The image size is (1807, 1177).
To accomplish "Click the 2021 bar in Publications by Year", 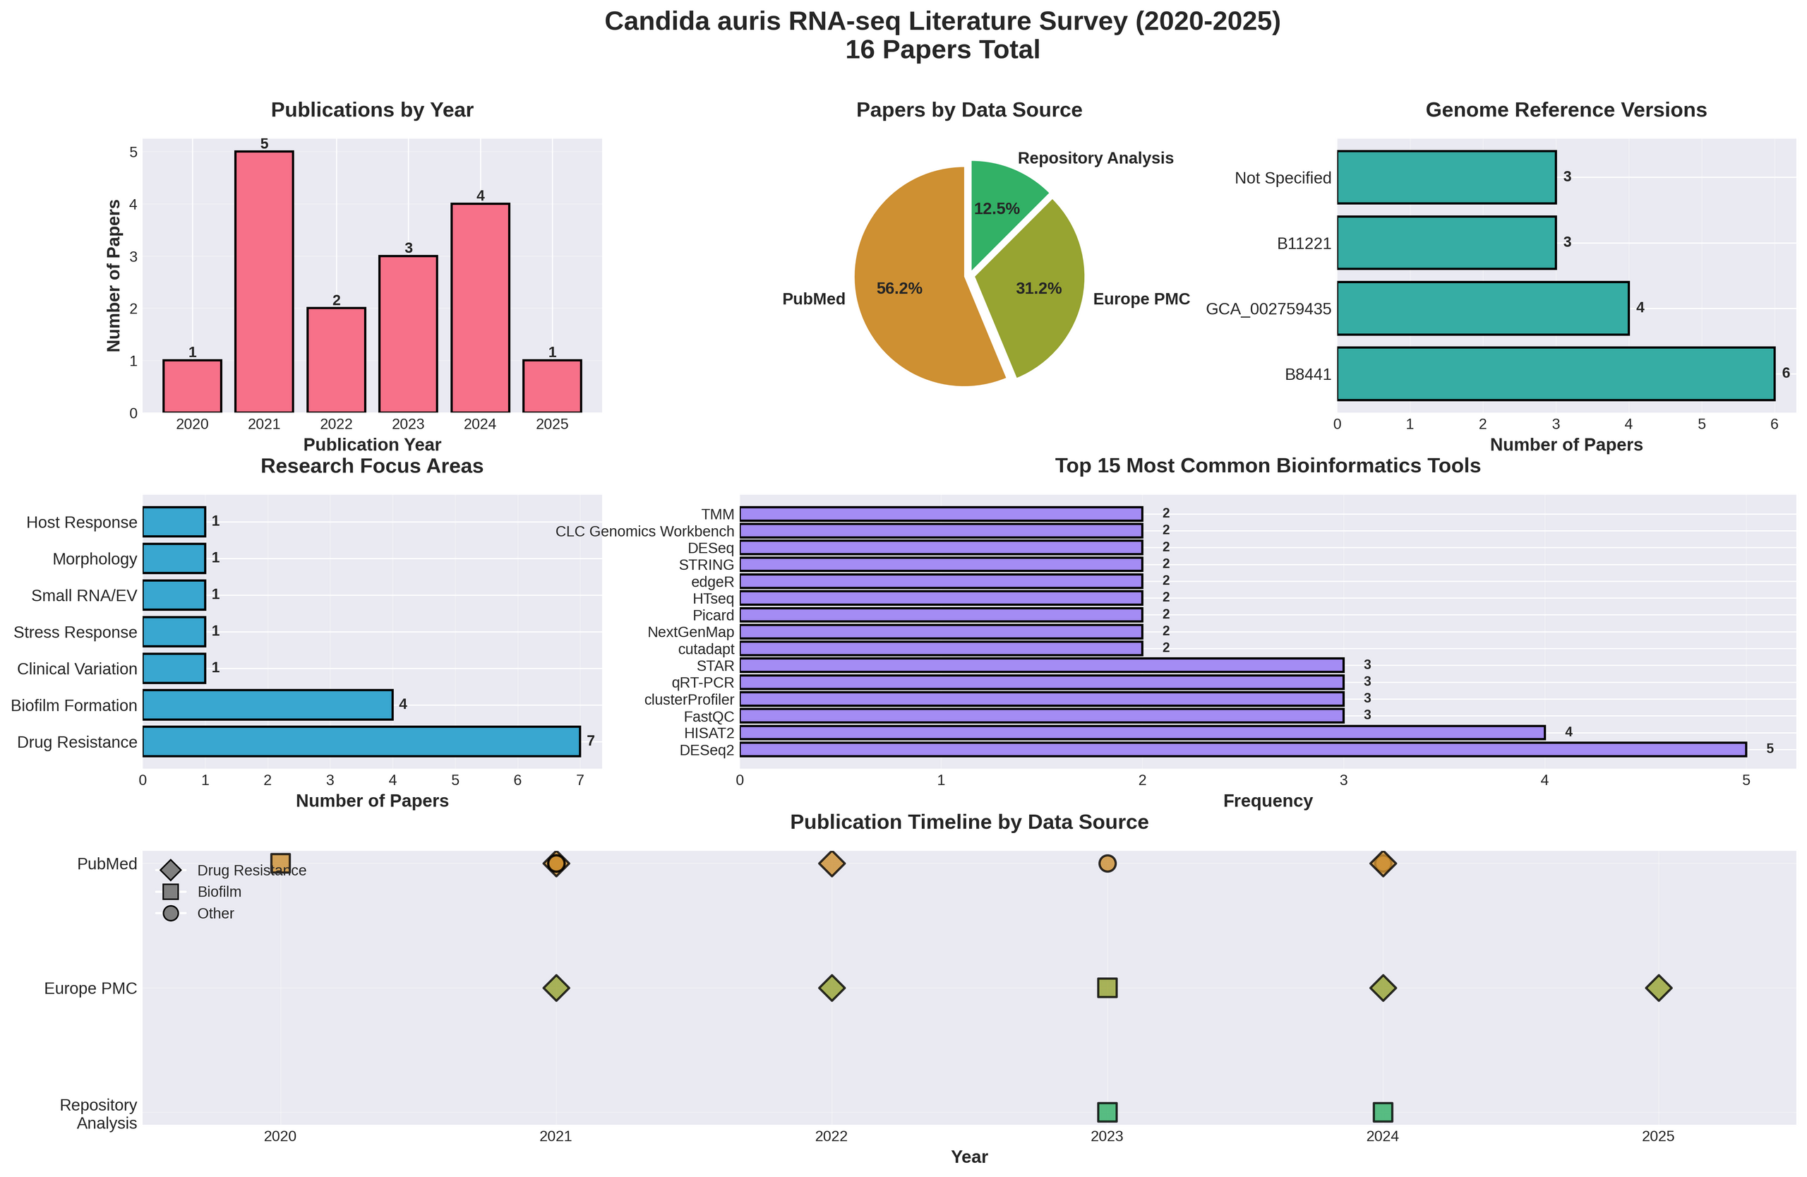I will [x=263, y=282].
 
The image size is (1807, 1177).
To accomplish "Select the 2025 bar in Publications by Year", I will [x=552, y=386].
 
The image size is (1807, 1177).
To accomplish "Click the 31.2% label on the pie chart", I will [x=1038, y=289].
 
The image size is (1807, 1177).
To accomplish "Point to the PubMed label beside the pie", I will [x=813, y=299].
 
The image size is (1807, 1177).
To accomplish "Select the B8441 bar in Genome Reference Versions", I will [x=1555, y=374].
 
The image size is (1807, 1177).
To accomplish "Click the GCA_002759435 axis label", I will [x=1268, y=309].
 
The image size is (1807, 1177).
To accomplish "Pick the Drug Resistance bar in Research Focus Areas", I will [x=361, y=741].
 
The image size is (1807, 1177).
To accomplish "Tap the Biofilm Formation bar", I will [x=268, y=705].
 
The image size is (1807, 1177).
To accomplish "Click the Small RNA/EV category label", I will [x=83, y=595].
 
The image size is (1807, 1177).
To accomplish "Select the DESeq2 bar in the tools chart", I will [x=1242, y=750].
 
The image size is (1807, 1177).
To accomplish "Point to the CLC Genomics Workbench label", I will [x=644, y=532].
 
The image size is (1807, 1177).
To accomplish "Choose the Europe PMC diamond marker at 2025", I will [x=1658, y=988].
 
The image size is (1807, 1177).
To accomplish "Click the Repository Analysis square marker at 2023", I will [x=1107, y=1113].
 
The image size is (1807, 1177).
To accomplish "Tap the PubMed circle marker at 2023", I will [x=1107, y=864].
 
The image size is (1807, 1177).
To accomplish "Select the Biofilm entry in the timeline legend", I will [x=219, y=892].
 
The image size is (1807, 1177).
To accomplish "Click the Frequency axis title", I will [x=1267, y=801].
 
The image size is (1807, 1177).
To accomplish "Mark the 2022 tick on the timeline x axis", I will [x=832, y=1137].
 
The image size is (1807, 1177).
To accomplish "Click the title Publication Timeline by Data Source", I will [x=969, y=823].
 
